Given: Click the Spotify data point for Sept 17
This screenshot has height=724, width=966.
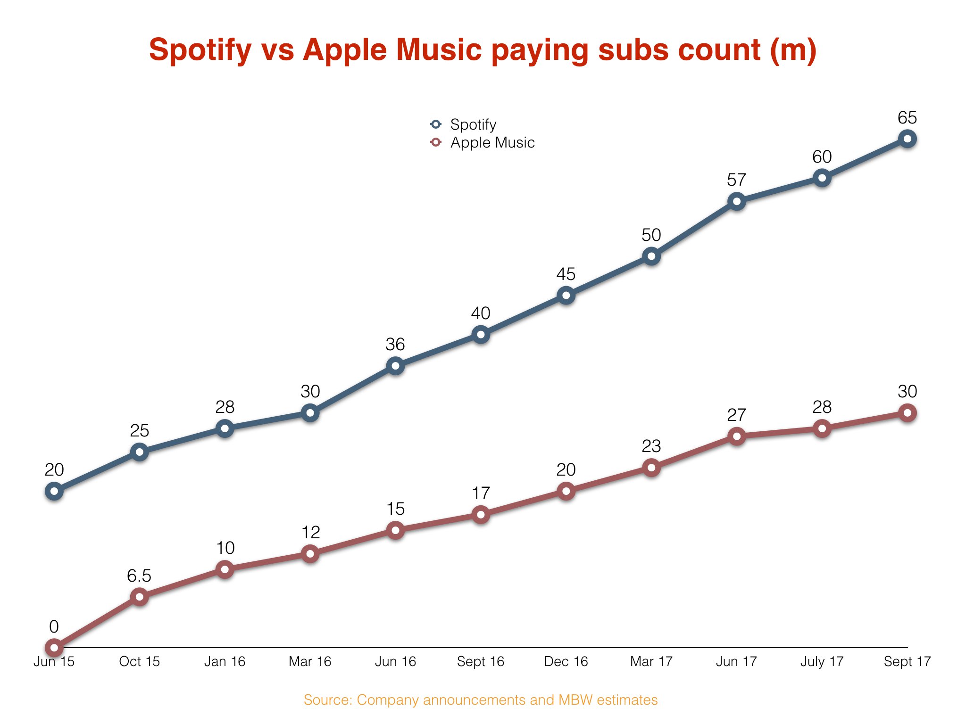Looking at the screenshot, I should click(x=907, y=139).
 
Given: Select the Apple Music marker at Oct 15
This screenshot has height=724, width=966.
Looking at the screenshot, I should click(x=140, y=597).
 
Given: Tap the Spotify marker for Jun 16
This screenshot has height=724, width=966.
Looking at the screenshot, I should click(x=395, y=366).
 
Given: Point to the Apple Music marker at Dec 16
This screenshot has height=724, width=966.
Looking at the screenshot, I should click(x=566, y=491).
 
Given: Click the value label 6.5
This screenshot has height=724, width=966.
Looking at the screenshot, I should click(x=139, y=576).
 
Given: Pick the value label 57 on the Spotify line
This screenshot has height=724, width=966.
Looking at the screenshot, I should click(x=736, y=180).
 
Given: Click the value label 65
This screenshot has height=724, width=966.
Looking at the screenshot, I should click(x=907, y=117).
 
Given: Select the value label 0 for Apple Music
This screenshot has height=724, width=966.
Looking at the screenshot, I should click(x=54, y=627).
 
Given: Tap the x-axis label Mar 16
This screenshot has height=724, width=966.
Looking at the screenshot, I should click(x=310, y=662).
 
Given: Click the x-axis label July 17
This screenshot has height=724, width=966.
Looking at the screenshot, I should click(x=822, y=662).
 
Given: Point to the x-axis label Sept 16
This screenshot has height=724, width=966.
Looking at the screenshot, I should click(x=481, y=662).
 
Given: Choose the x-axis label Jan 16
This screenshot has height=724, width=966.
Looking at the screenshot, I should click(x=225, y=662).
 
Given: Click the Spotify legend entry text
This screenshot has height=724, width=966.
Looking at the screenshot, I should click(x=473, y=124).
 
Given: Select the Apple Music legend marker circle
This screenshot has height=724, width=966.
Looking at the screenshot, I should click(x=436, y=142).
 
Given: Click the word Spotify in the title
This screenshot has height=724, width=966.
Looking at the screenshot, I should click(x=200, y=50).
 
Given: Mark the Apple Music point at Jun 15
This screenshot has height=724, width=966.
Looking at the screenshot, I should click(x=54, y=648).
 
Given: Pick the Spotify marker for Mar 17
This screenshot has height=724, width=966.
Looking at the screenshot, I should click(x=651, y=256).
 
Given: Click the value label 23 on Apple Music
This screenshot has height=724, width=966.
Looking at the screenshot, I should click(x=651, y=446).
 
